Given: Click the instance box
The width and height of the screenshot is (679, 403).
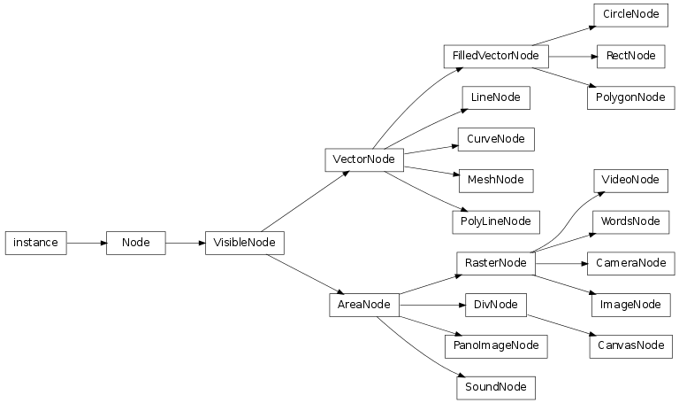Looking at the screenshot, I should (x=36, y=242).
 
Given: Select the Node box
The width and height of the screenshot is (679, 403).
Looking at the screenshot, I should (x=135, y=242).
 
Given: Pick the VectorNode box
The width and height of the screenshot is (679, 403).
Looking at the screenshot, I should (x=364, y=159).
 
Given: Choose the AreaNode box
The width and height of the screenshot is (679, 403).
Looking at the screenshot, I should (x=364, y=305).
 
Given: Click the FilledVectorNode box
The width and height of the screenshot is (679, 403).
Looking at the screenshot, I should (x=495, y=56).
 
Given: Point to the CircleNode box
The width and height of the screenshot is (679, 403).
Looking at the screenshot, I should (x=629, y=15).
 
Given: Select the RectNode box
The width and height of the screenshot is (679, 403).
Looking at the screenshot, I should (x=629, y=56).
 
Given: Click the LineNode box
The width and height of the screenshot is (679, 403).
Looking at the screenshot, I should (x=495, y=97).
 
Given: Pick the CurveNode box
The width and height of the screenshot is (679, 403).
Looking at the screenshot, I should (x=495, y=139).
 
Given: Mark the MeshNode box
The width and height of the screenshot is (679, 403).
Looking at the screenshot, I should (x=495, y=180).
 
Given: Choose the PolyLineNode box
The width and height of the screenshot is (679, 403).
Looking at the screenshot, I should (x=495, y=221).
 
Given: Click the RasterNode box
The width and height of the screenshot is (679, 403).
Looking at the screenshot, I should (x=495, y=263).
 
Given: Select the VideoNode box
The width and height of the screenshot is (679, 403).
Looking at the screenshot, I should (x=629, y=180).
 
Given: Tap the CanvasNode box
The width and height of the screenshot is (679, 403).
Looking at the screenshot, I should (x=626, y=345).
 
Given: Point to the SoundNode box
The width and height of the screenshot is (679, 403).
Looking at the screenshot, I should (x=495, y=387).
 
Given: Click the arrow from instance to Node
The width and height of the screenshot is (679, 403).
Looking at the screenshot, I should (x=87, y=242).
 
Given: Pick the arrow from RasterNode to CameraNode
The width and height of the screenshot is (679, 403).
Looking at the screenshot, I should (x=561, y=263).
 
